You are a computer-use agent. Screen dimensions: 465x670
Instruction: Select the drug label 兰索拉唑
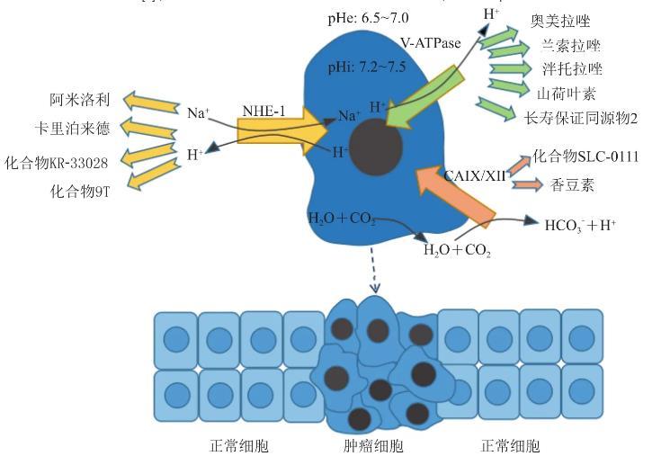click(572, 46)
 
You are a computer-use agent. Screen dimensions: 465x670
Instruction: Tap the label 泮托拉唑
click(571, 69)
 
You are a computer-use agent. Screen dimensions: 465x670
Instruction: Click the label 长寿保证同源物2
click(586, 116)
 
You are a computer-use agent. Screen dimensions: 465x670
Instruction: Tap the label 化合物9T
click(80, 190)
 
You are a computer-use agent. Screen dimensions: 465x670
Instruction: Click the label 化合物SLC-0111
click(585, 157)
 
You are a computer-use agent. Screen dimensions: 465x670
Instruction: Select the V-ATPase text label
click(431, 43)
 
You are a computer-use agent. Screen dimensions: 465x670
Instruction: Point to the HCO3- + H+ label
click(579, 224)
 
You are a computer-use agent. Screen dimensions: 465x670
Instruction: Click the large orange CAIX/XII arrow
click(453, 189)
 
